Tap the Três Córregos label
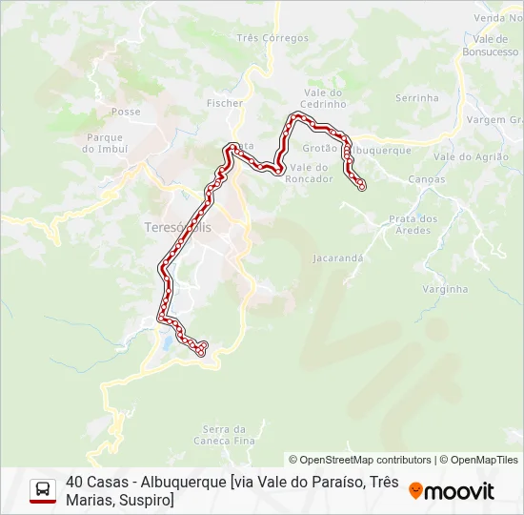coord(272,38)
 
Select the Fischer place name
coord(225,103)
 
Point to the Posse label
coord(126,112)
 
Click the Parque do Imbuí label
coord(104,143)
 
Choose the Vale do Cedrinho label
coord(323,98)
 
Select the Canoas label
coord(426,179)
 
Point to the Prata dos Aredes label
coord(413,224)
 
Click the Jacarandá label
coord(338,257)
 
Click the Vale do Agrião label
coord(464,156)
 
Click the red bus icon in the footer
coord(43,490)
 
